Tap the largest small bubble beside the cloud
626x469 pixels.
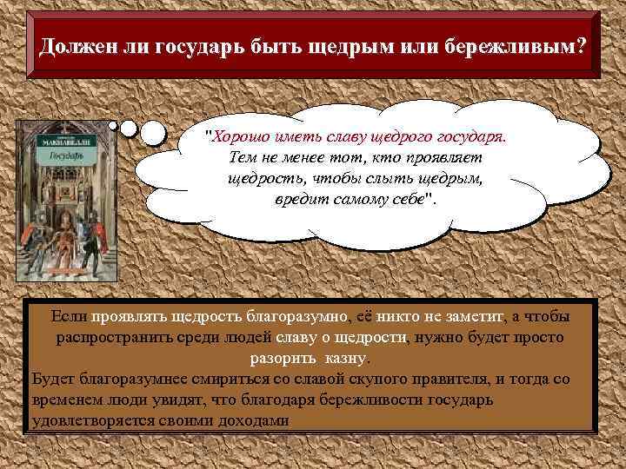(x=153, y=132)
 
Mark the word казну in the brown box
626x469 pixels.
(x=346, y=357)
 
